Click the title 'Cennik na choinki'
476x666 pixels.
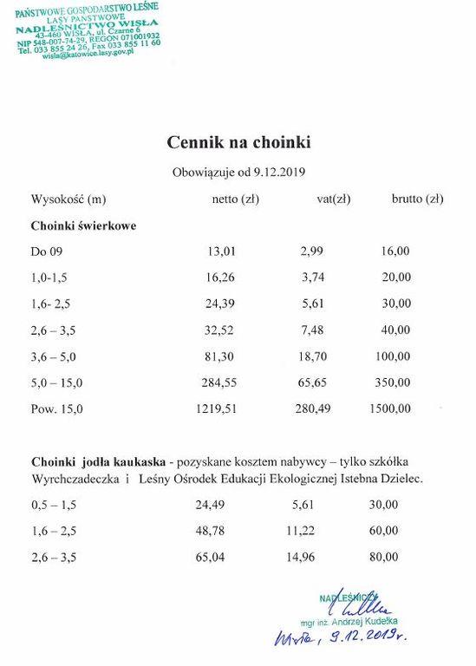238,140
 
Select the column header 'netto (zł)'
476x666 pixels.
235,199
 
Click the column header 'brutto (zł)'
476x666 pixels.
418,199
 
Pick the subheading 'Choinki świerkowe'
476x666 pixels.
83,225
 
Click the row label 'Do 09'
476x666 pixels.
46,251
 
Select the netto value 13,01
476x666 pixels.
221,251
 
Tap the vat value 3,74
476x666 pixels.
311,277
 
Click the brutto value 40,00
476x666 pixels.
395,330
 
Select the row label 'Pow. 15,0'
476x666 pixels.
57,408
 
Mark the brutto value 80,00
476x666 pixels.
383,556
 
